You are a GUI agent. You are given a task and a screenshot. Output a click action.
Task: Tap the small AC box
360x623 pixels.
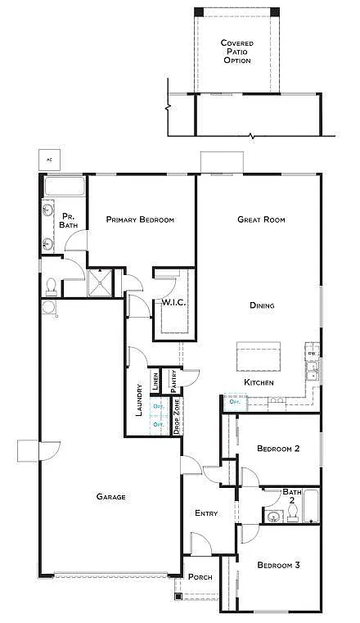click(x=50, y=159)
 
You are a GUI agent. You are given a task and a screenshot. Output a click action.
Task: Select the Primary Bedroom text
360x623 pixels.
click(x=140, y=219)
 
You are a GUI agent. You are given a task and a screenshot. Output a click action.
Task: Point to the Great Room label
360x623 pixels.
click(x=260, y=219)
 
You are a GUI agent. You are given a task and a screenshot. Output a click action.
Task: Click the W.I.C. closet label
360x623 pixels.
click(x=173, y=302)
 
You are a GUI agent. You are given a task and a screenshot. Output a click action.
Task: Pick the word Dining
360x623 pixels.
click(x=262, y=305)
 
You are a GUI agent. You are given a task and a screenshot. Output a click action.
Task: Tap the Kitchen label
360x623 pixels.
click(x=259, y=382)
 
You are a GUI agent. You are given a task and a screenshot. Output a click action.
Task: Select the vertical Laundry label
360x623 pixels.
click(x=139, y=401)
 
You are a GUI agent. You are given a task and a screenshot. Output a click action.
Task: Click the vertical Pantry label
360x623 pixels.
click(x=173, y=380)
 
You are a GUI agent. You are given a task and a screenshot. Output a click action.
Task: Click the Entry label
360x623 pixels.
click(x=206, y=513)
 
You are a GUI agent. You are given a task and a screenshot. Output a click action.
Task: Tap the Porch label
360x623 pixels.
click(x=200, y=577)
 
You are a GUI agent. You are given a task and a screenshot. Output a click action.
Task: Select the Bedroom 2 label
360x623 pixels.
click(x=278, y=448)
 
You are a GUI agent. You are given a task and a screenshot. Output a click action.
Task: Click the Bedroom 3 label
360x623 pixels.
click(x=278, y=565)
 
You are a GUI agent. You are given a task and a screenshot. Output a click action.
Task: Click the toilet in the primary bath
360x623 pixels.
click(x=51, y=285)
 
